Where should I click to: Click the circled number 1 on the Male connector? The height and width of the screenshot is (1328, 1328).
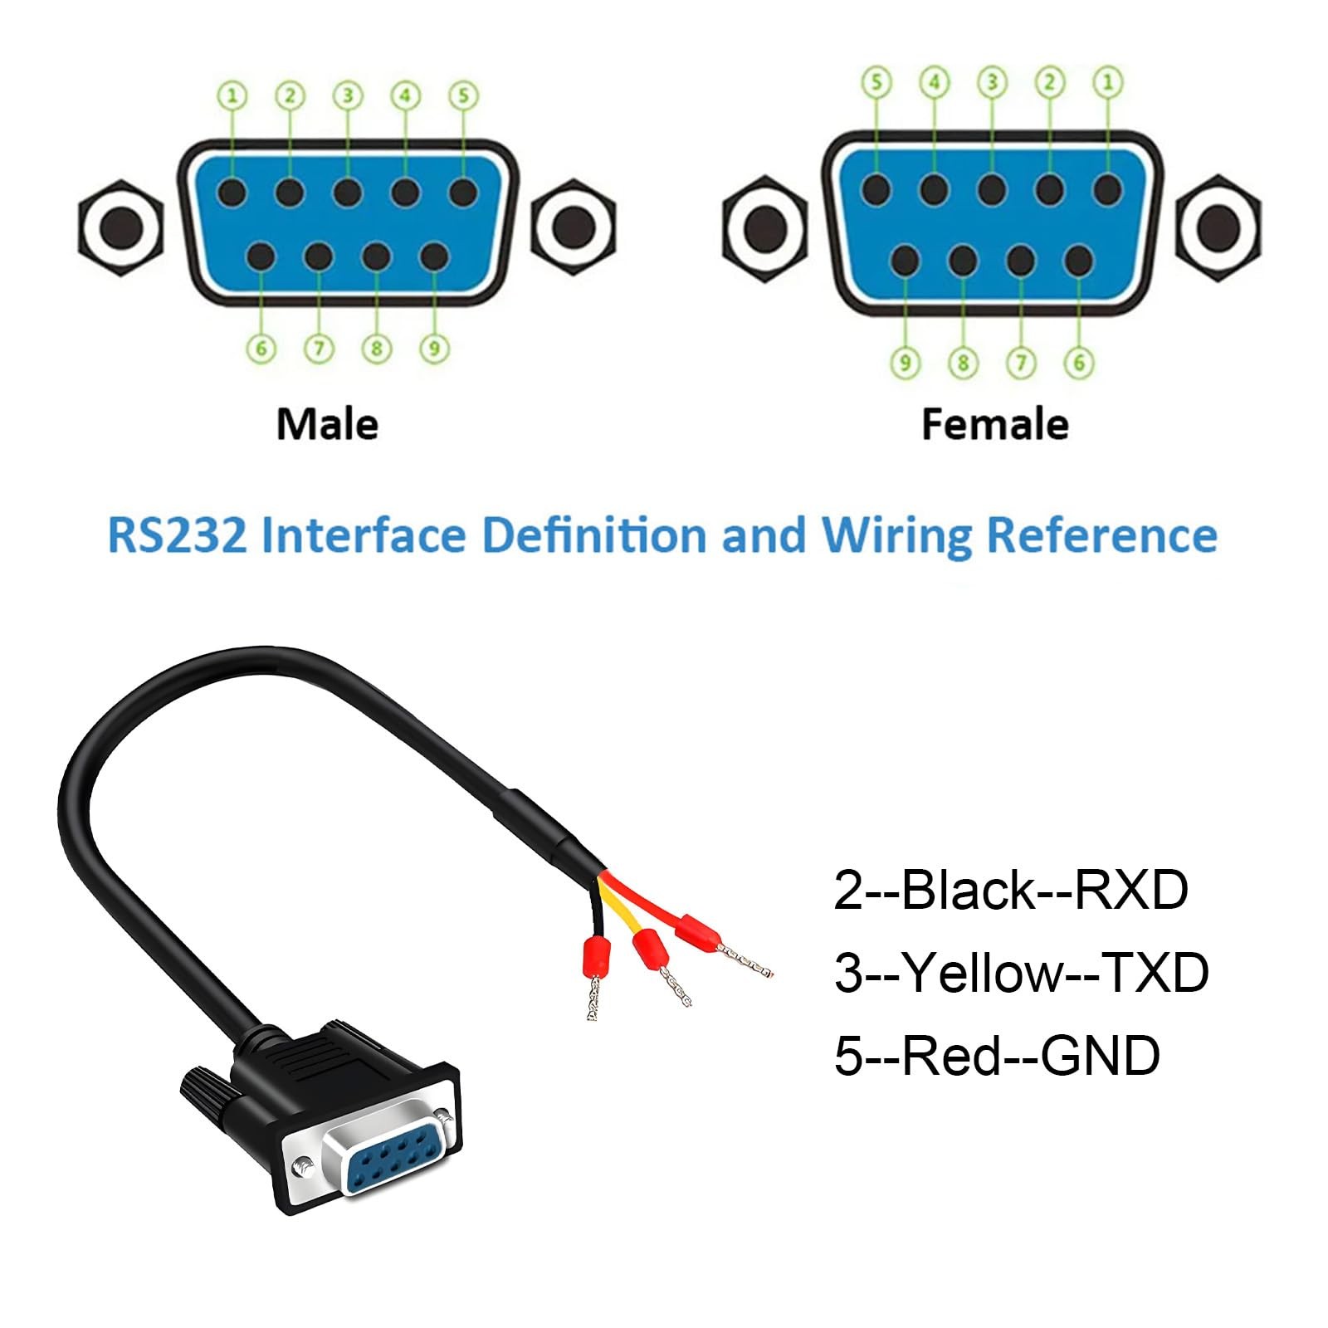tap(232, 95)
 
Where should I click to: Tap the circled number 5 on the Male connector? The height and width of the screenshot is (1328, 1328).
tap(463, 95)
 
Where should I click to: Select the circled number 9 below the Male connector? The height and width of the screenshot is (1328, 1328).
tap(434, 349)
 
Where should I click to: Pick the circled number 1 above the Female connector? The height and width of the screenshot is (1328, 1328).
tap(1107, 81)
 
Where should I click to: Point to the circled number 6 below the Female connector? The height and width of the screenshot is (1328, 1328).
tap(1079, 362)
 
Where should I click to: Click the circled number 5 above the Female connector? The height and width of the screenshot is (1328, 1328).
tap(876, 81)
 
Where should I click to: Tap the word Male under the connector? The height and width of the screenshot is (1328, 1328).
tap(327, 424)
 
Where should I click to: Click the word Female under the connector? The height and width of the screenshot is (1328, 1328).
tap(995, 424)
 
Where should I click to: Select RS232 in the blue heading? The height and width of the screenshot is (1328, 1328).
tap(178, 535)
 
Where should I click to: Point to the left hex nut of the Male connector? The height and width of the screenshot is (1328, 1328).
tap(121, 226)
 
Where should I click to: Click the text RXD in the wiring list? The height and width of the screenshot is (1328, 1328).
tap(1131, 891)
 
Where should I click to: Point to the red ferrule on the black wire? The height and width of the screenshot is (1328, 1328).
tap(596, 957)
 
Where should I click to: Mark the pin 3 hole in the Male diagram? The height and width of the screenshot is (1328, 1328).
tap(347, 193)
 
